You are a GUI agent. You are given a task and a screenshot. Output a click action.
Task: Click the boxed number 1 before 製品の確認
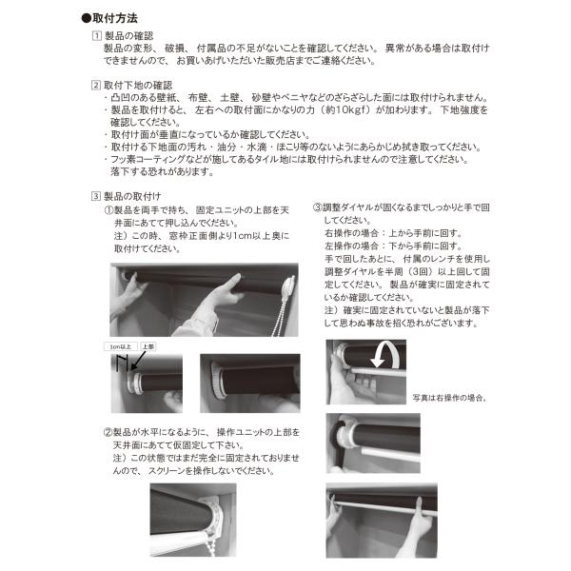pos(95,34)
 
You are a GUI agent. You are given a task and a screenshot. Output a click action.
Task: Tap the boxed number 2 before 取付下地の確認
pos(95,84)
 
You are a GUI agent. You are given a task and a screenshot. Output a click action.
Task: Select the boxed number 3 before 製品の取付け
pos(95,196)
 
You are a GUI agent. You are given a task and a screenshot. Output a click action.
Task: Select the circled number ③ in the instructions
pos(316,207)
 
